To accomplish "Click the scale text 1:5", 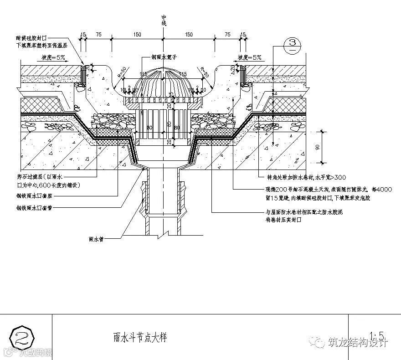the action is coord(378,336).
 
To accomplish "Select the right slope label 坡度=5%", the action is coord(249,57).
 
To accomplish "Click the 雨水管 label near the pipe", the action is coord(97,238).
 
